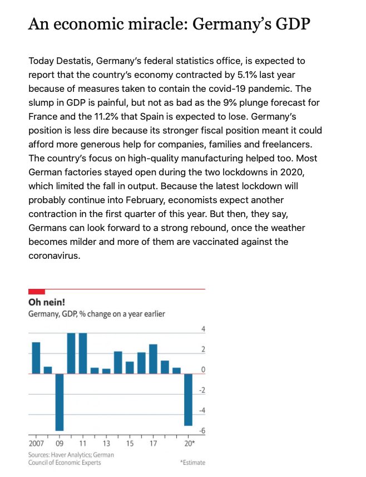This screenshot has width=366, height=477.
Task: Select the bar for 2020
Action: coord(189,400)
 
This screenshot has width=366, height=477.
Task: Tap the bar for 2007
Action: coord(36,358)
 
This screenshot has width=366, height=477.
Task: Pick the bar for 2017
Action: coord(153,359)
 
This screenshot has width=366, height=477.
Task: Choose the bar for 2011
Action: coord(83,353)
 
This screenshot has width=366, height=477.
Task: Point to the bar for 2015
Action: coord(130,368)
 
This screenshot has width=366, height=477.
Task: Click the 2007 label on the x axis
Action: coord(36,444)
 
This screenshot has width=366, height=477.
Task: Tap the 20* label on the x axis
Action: coord(190,444)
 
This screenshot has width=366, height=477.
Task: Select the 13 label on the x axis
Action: coord(106,444)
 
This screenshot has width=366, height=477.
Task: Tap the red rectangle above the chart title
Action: coord(36,292)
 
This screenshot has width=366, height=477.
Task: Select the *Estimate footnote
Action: coord(192,463)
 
